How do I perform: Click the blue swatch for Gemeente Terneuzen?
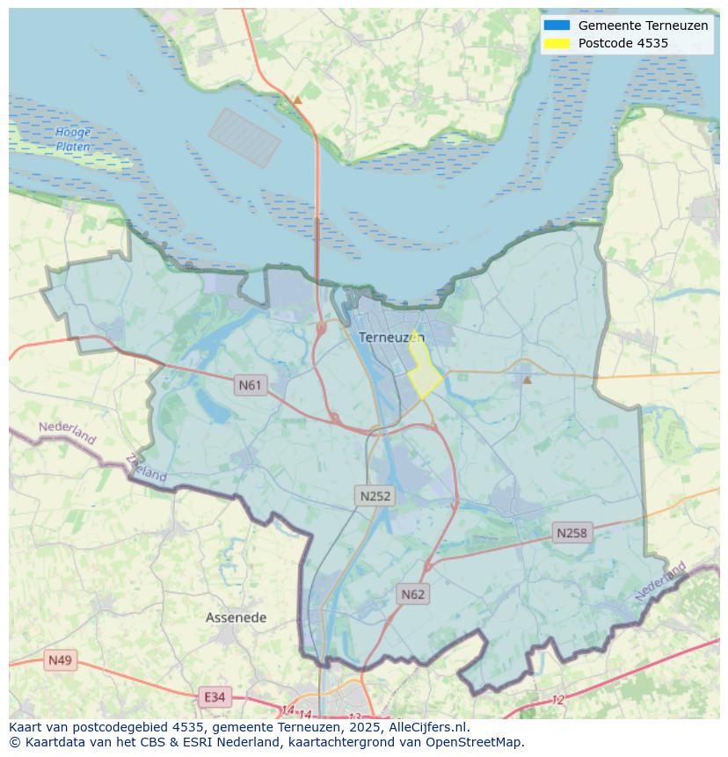pos(557,25)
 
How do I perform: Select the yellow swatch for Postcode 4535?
pos(557,43)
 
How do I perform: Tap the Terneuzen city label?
pos(391,338)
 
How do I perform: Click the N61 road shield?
pos(251,385)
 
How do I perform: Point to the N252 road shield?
pos(375,496)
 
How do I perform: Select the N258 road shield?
pos(571,533)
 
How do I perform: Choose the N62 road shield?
pos(412,594)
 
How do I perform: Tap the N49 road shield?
pos(61,660)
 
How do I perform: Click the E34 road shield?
pos(215,697)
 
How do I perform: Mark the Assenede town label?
pos(236,618)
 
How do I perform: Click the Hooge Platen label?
pos(73,140)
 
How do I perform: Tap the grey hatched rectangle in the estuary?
pos(244,138)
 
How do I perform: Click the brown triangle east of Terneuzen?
pos(527,380)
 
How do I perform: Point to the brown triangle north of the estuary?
pos(297,100)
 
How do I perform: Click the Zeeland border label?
pos(146,468)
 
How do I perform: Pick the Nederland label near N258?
pos(660,583)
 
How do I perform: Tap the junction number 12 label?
pos(557,700)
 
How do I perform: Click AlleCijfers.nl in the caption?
pos(427,727)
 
